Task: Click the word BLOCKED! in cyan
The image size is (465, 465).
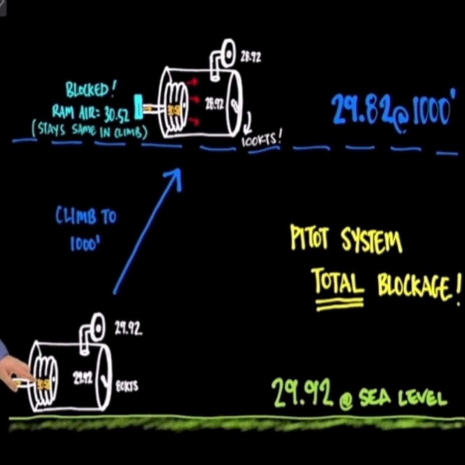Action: (x=89, y=90)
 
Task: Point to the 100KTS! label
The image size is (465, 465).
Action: (x=261, y=140)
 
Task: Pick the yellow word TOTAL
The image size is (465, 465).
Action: (x=337, y=282)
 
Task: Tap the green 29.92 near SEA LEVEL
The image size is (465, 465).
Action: (x=302, y=393)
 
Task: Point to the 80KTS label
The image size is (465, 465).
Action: (x=127, y=386)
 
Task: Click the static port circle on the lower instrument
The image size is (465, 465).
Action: (x=97, y=328)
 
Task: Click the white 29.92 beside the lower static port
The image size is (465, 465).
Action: (x=128, y=328)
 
